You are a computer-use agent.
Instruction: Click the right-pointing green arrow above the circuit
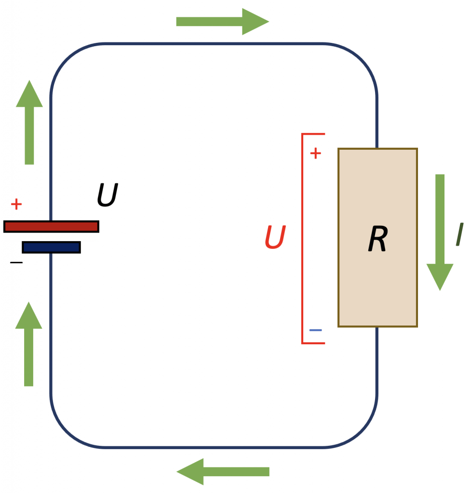pos(223,22)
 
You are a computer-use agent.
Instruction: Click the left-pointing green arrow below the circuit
pos(223,472)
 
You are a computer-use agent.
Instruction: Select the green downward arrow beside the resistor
pos(440,233)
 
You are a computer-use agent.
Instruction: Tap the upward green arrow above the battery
pos(29,122)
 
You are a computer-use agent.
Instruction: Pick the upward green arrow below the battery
pos(28,344)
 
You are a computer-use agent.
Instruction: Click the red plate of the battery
pos(51,227)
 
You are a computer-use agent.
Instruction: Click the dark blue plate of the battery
pos(51,247)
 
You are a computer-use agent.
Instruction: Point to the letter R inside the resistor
pos(378,239)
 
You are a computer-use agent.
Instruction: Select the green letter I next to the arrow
pos(459,234)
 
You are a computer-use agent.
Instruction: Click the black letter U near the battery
pos(108,195)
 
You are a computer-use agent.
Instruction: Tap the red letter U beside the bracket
pos(275,237)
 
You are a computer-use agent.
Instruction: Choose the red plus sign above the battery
pos(16,204)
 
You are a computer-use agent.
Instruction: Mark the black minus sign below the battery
pos(16,262)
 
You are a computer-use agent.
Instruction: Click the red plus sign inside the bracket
pos(315,154)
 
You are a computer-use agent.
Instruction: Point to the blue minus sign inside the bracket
pos(315,330)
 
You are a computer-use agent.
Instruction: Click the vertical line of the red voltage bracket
pos(302,239)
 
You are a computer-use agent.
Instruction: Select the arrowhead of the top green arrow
pos(256,22)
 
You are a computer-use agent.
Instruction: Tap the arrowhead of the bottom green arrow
pos(190,472)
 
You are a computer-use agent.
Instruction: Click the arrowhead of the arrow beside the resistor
pos(440,277)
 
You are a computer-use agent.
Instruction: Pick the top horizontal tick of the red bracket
pos(313,134)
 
